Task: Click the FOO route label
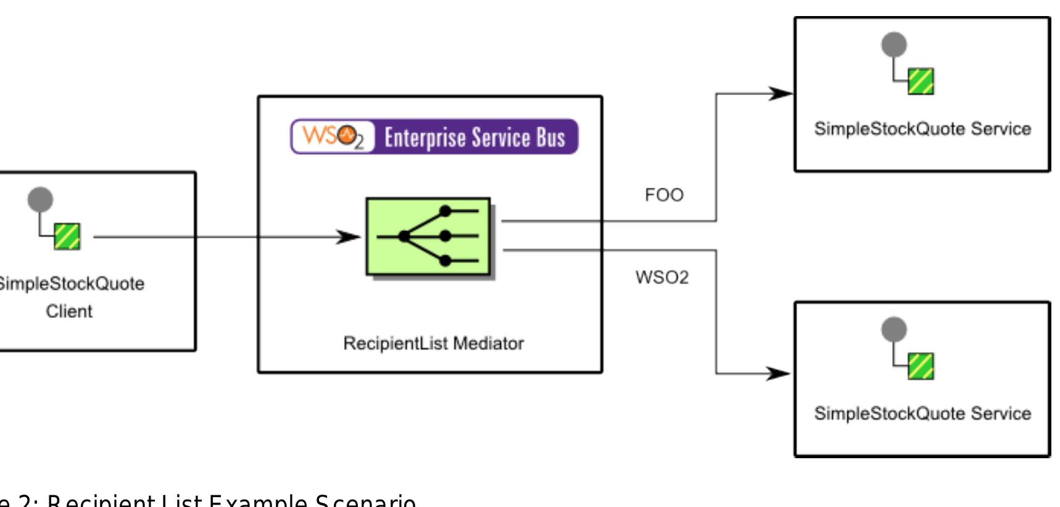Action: [x=664, y=195]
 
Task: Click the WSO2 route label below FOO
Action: [x=661, y=277]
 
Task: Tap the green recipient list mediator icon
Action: [x=428, y=237]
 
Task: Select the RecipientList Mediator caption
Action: [x=433, y=343]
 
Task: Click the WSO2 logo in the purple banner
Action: [x=333, y=136]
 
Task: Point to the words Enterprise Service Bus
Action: [x=474, y=137]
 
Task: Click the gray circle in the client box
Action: [x=41, y=199]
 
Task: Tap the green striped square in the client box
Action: [x=67, y=237]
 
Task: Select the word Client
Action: [x=69, y=311]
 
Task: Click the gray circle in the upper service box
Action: [x=894, y=44]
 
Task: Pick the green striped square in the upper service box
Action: [x=921, y=82]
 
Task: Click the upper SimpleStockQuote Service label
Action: [x=922, y=129]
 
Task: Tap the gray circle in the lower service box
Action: [x=894, y=329]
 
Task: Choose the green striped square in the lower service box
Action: [x=921, y=366]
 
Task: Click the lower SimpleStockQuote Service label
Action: [x=922, y=413]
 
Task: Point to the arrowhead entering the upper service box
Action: [x=781, y=94]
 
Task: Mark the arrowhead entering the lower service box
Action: [x=779, y=373]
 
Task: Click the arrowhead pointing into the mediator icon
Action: [x=349, y=237]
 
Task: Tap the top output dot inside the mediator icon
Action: [x=445, y=212]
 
